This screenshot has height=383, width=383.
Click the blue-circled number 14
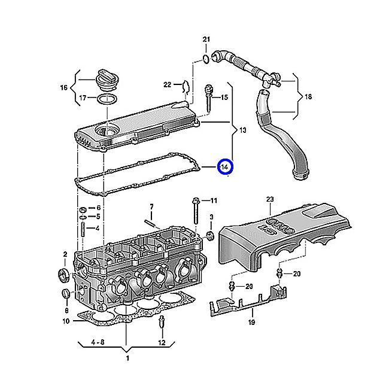point(225,167)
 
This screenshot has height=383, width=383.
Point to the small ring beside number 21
point(206,59)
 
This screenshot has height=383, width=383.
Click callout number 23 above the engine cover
point(269,199)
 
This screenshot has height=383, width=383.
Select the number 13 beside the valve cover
point(242,130)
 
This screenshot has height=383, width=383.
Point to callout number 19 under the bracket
point(251,323)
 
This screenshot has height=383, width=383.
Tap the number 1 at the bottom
point(126,358)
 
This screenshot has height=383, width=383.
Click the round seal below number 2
point(61,275)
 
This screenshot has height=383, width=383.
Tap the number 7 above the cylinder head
point(151,207)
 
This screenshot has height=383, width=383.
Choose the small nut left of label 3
point(210,233)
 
